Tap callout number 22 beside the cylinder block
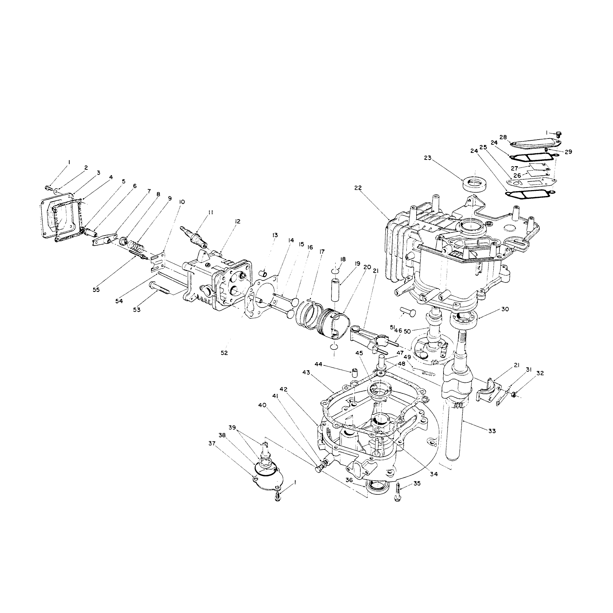(358, 188)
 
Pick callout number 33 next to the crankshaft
(492, 431)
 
